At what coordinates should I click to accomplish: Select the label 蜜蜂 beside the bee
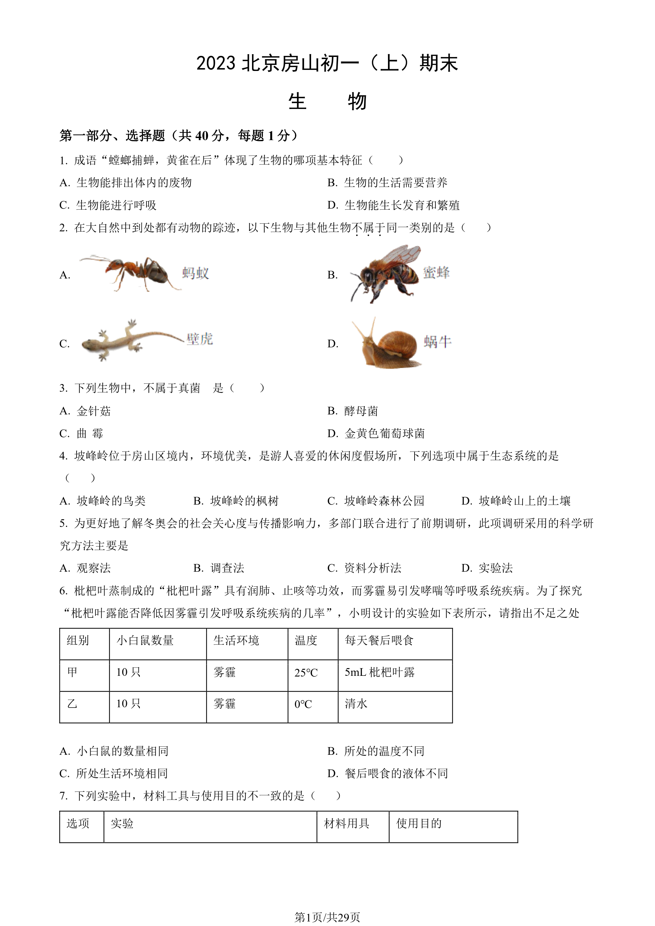click(x=436, y=273)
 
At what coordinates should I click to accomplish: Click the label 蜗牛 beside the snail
click(x=438, y=342)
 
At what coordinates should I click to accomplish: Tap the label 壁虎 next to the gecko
click(x=200, y=339)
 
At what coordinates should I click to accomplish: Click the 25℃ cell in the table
click(x=306, y=672)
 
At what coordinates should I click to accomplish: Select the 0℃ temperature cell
click(x=303, y=704)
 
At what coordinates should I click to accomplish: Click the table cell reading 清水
click(x=356, y=704)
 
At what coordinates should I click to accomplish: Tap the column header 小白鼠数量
click(x=145, y=641)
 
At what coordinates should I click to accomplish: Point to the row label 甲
click(x=73, y=672)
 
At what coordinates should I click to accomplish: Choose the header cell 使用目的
click(x=419, y=823)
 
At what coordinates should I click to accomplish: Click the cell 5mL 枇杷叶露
click(x=380, y=672)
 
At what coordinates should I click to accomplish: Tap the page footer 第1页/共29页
click(x=327, y=918)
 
